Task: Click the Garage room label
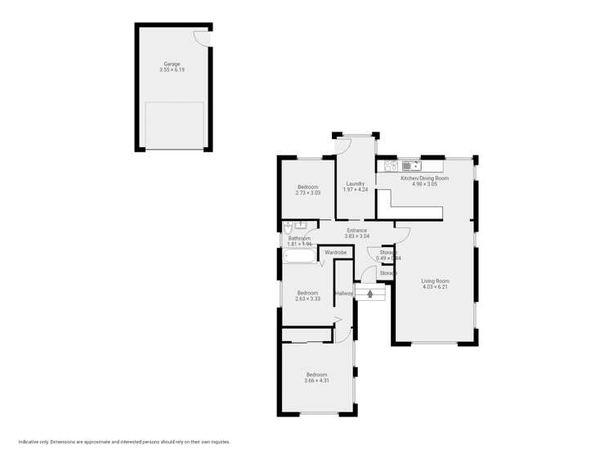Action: coord(172,64)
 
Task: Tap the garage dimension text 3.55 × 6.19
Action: coord(172,70)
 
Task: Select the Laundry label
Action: coord(356,183)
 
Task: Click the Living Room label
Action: coord(436,281)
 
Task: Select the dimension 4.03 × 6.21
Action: coord(436,287)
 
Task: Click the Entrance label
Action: coord(357,230)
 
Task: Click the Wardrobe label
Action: coord(336,253)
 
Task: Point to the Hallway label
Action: coord(344,293)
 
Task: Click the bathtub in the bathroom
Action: coord(300,257)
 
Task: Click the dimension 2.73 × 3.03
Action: coord(308,193)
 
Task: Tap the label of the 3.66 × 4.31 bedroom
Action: coord(316,374)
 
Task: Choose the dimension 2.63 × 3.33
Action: coord(307,299)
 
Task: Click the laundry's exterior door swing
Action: coord(344,146)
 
